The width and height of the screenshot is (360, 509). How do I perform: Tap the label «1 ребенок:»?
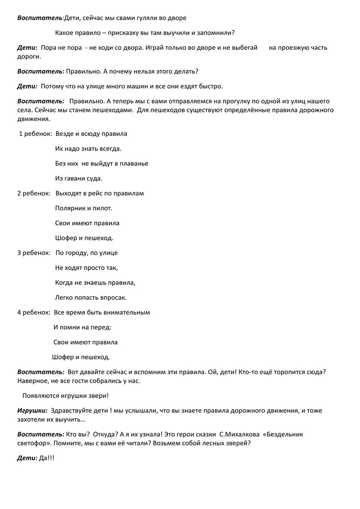coord(35,134)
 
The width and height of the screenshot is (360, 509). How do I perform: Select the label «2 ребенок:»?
coord(34,193)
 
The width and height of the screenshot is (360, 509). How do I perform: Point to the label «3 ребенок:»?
coord(34,253)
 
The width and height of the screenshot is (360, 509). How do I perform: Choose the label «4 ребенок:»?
coord(34,313)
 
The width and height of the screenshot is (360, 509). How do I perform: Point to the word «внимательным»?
coord(126,313)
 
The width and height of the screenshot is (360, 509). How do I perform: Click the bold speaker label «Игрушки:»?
coord(33,410)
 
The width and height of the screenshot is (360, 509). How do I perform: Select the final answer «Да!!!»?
coord(47,458)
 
